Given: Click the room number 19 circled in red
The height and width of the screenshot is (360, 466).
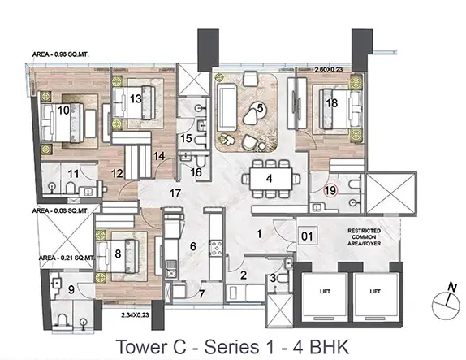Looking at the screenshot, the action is point(330,190).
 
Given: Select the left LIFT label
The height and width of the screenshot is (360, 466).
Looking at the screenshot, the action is point(325,291).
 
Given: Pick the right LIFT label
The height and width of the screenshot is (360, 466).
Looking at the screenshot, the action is point(375,291).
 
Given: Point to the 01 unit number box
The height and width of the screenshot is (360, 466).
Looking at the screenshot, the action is point(308,236).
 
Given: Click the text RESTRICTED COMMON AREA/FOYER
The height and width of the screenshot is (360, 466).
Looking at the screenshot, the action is point(365,236).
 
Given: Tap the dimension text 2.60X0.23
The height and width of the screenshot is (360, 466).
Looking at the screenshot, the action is point(329,70).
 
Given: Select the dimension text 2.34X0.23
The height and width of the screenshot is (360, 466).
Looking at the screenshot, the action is point(135,314).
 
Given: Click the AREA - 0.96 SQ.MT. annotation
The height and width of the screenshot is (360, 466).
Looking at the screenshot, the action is point(61,54).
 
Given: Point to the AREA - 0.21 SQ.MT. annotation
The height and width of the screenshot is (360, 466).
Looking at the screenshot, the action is point(67,258).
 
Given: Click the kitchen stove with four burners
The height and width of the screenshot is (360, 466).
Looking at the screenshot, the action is point(216,249).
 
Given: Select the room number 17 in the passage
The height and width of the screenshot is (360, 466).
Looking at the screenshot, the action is point(175,193).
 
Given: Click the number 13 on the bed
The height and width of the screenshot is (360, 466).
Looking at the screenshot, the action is point(136,98).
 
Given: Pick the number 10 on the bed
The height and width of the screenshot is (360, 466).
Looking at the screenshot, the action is point(63,111).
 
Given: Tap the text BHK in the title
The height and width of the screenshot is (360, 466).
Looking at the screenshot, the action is point(330,347).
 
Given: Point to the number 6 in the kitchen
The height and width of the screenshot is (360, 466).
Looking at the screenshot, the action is point(193,246).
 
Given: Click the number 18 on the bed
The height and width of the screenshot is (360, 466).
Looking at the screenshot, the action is point(332,103).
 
